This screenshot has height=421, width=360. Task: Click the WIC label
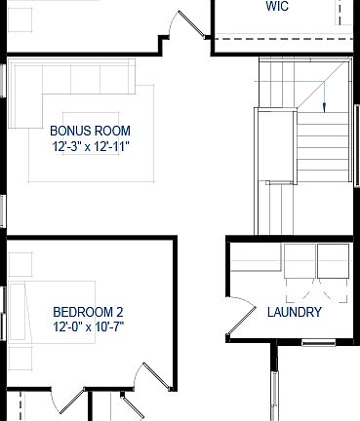(x=277, y=7)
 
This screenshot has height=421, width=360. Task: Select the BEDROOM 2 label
(x=88, y=312)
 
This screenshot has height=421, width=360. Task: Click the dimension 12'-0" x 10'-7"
(x=88, y=327)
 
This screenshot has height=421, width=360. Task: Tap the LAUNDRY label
(x=294, y=313)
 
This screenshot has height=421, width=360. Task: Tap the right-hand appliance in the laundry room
(x=333, y=260)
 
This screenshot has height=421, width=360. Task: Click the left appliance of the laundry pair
(x=300, y=260)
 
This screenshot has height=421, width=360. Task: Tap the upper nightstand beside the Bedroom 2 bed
(x=18, y=264)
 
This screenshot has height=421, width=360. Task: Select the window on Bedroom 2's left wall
(x=3, y=311)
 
